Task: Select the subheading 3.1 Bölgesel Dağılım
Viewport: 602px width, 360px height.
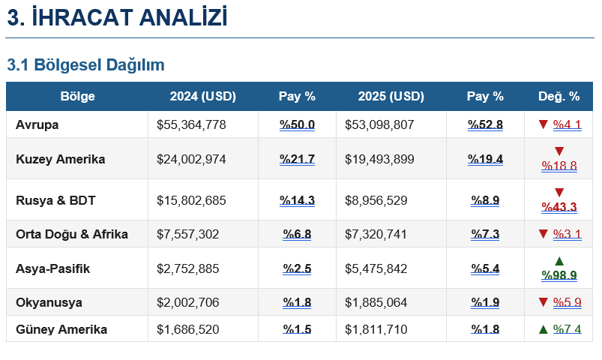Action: coord(85,65)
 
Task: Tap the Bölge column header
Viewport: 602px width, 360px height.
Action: coord(77,97)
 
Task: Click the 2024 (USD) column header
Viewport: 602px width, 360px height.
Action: coord(202,97)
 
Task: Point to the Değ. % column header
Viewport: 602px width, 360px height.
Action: coord(559,97)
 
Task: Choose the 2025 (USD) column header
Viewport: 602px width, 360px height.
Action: coord(391,97)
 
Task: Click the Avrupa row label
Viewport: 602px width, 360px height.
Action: coord(37,124)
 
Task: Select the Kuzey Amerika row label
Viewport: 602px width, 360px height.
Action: coord(60,159)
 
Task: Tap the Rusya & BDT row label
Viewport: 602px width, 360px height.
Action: coord(55,200)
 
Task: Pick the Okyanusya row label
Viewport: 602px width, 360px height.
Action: coord(49,302)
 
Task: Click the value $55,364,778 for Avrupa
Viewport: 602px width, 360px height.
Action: coord(191,124)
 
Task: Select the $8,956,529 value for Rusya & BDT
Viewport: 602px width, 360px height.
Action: coord(376,200)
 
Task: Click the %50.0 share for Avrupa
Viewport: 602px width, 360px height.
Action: coord(297,124)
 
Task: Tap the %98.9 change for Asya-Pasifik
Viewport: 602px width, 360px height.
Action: coord(559,275)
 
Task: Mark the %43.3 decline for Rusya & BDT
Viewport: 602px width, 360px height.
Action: coord(559,207)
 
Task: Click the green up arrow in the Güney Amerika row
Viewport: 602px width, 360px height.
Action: coord(544,329)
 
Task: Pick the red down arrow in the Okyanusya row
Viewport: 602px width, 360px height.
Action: coord(544,302)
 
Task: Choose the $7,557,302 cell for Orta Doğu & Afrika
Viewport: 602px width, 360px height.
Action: coord(188,234)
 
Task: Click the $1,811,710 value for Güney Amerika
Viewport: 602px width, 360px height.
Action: coord(376,329)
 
